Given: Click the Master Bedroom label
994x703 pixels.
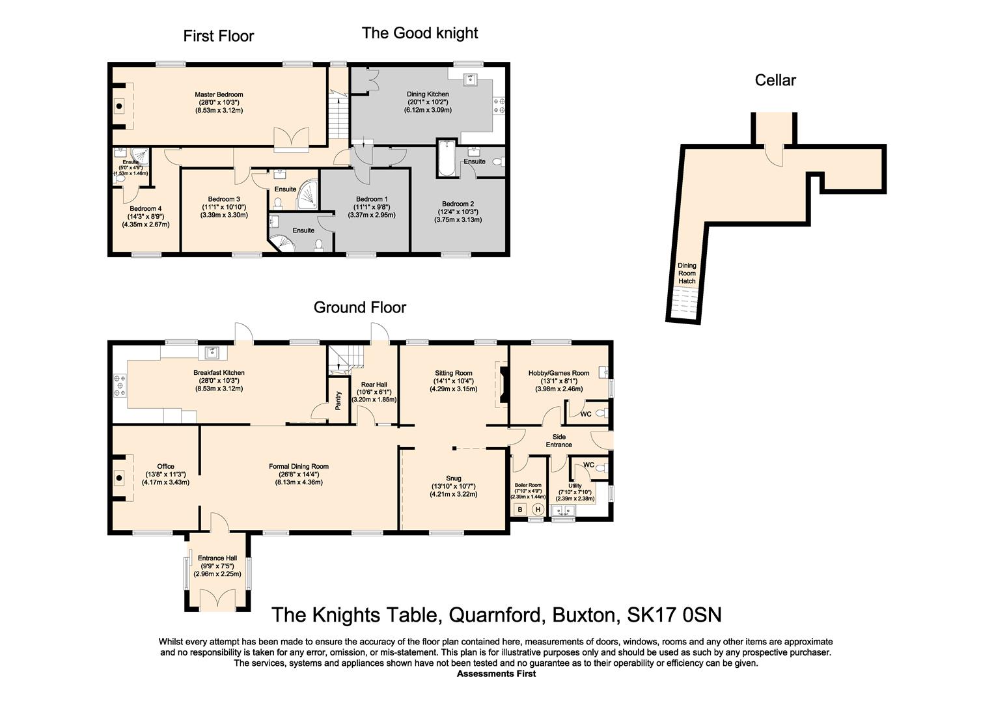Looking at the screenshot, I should (219, 94).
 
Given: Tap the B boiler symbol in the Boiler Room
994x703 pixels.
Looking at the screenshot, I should (520, 510).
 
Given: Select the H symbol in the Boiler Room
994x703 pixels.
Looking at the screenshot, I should (538, 510).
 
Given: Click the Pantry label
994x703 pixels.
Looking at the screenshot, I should (338, 400).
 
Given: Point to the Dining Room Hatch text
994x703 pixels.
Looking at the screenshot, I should (687, 273).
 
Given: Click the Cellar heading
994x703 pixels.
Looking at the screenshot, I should (775, 80).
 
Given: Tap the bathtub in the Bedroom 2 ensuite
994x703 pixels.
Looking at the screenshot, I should (447, 158).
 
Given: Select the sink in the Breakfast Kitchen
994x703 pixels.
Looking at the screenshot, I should (212, 353).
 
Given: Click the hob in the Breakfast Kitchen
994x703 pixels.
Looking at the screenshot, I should (120, 384).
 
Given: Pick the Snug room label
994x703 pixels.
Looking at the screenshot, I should (453, 478).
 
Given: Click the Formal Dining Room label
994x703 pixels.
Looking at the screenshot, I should (299, 466).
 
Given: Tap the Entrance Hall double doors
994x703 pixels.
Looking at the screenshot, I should (217, 597).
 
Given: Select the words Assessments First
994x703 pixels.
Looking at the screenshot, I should (496, 674).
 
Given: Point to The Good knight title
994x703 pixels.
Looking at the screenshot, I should (420, 33).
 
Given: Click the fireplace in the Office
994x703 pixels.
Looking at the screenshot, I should (120, 478).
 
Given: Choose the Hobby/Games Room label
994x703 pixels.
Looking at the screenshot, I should (559, 373).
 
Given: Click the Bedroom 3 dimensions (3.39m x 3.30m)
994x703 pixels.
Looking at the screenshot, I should (225, 215).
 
